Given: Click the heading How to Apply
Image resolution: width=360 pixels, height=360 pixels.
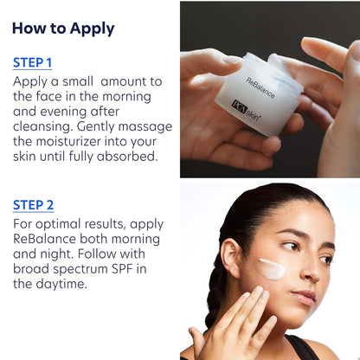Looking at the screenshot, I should point(63,28).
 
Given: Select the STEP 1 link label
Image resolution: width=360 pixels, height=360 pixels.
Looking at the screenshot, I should point(33,62).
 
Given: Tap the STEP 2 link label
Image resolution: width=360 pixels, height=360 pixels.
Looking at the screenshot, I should point(33,205).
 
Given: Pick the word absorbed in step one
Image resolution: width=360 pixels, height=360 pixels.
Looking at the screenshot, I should point(126,156).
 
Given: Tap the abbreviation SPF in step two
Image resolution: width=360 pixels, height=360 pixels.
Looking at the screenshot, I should point(122,267).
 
